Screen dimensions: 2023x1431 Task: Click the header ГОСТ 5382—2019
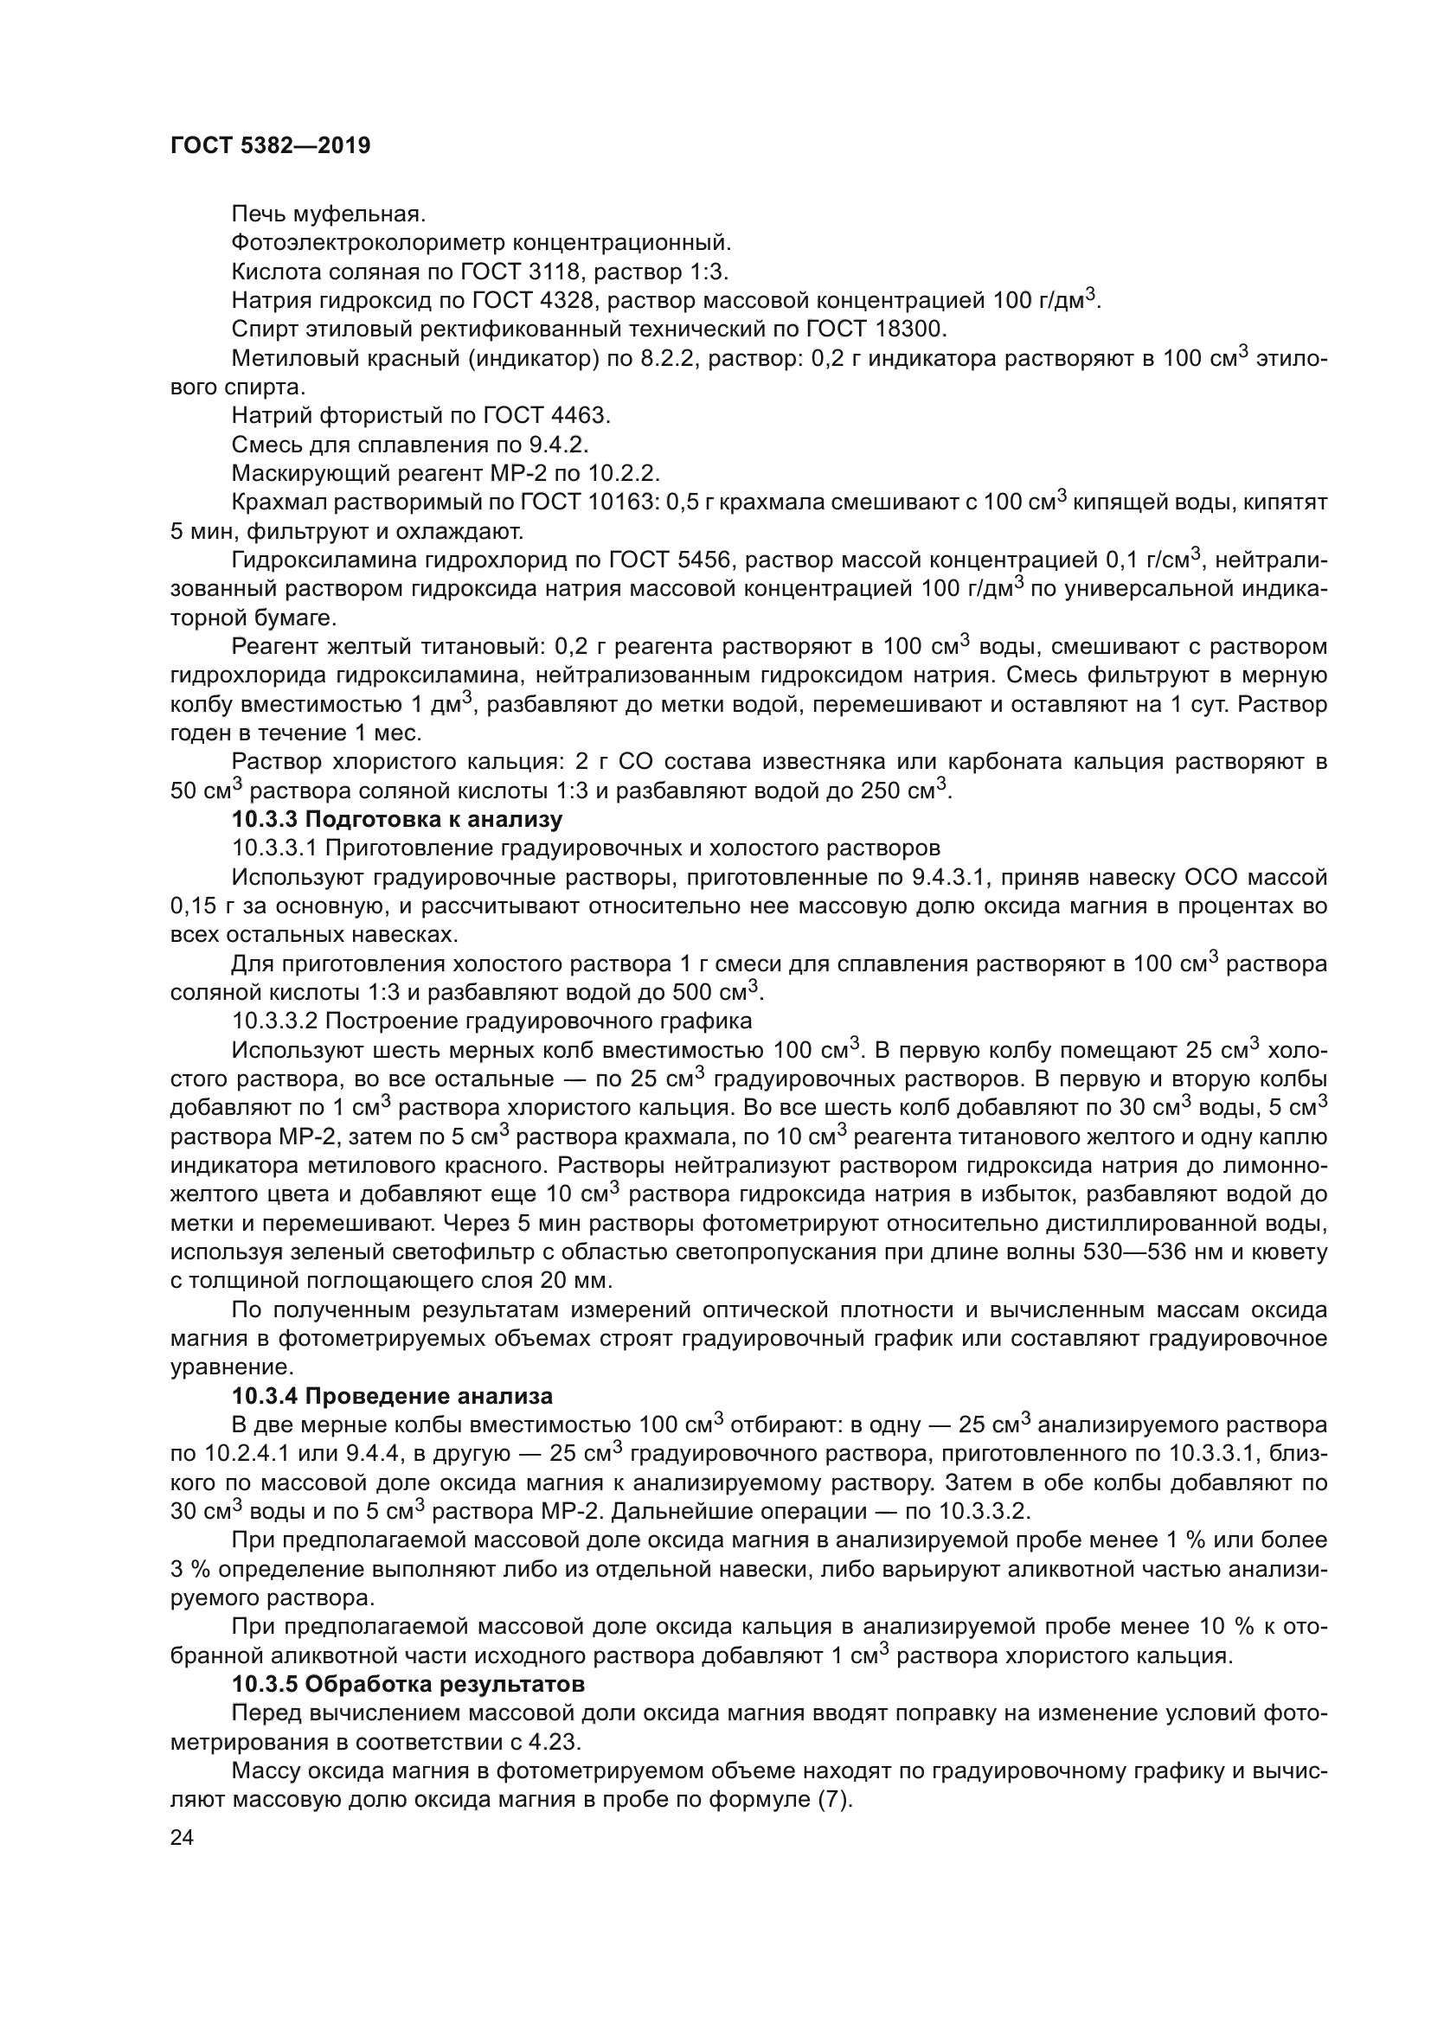tap(271, 145)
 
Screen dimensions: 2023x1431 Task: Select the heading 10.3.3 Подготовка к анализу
tap(396, 819)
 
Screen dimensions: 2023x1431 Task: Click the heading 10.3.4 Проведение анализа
tap(392, 1397)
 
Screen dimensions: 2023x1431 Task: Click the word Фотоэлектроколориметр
tap(369, 242)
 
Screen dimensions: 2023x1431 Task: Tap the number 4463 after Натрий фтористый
tap(580, 416)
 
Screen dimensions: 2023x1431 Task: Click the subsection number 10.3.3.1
tap(275, 848)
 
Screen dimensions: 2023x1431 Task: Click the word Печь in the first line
tap(255, 214)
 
